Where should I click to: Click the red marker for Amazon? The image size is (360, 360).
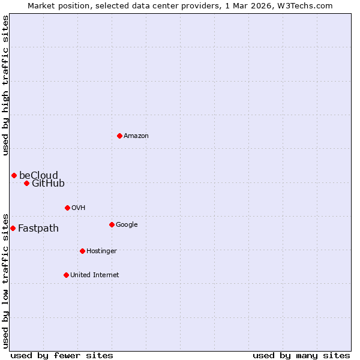pos(119,136)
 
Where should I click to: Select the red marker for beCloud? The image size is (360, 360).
pos(14,175)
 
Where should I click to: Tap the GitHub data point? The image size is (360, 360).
pos(26,183)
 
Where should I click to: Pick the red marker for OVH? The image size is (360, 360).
pos(67,208)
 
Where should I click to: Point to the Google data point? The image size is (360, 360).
pos(112,224)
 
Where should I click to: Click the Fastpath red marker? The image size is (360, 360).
pos(13,228)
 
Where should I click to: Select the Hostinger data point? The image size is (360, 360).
pos(82,251)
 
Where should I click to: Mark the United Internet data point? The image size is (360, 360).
pos(66,275)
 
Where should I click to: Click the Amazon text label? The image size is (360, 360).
pos(136,136)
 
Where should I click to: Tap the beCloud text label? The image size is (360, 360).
pos(38,175)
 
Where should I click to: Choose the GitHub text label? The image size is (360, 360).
pos(48,183)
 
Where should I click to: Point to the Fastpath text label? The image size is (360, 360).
pos(38,228)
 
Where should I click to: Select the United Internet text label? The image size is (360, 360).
pos(94,275)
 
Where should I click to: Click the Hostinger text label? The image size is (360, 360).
pos(101,251)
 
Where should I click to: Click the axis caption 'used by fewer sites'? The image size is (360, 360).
pos(62,355)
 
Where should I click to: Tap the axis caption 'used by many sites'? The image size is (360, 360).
pos(301,355)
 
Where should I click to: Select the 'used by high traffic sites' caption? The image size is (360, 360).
pos(6,85)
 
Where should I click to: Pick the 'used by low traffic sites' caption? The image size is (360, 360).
pos(6,280)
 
